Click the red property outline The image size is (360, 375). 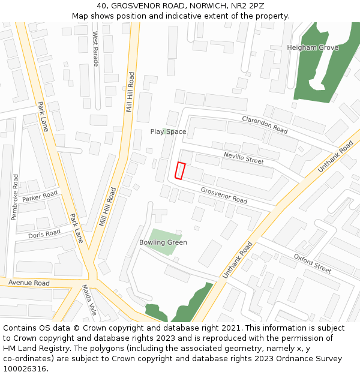click(180, 170)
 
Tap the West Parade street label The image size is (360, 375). click(95, 49)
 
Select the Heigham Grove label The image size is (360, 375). click(313, 47)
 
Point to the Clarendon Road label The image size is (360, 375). click(265, 124)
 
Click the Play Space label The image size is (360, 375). click(168, 131)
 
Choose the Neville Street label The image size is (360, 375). click(244, 158)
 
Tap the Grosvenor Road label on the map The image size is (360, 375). click(224, 195)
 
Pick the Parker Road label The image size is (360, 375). click(40, 196)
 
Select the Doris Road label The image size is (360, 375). click(44, 233)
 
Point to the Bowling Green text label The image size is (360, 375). click(163, 242)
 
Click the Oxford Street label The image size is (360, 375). click(313, 263)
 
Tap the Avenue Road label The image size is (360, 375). click(29, 283)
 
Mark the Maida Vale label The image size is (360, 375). click(89, 300)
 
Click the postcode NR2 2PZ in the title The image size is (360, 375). click(248, 5)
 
